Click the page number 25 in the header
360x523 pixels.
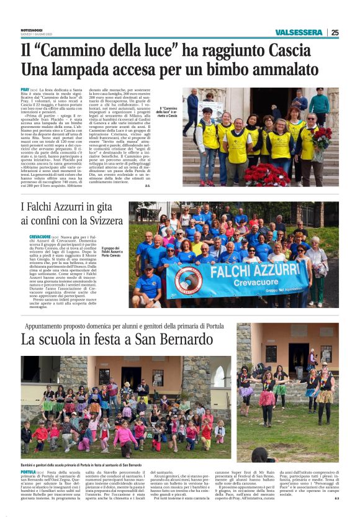335,32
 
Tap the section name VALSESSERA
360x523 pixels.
300,32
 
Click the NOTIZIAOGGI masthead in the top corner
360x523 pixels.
32,28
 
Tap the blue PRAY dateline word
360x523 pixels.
25,90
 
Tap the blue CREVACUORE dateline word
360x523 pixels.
39,237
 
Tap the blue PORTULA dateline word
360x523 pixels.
28,473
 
